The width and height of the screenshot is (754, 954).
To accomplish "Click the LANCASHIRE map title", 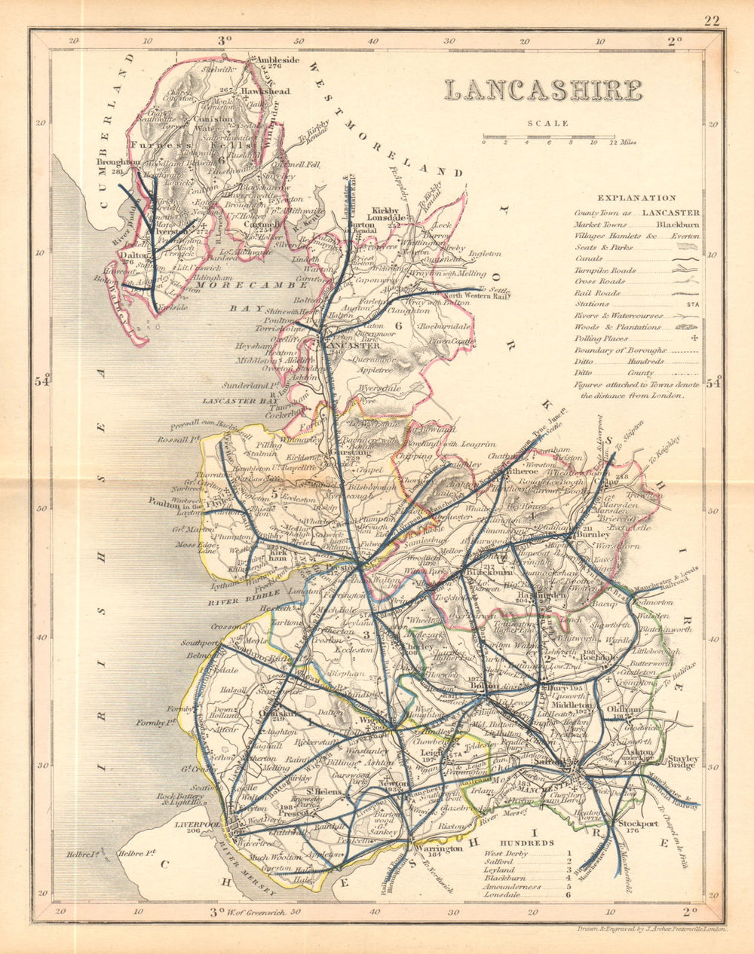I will pos(543,90).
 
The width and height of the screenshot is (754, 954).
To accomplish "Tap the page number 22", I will pos(712,20).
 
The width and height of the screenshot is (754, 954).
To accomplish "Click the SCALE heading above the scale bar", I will pos(548,124).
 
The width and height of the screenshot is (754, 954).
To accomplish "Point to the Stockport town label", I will pos(639,824).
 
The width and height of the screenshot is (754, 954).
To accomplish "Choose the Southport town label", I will pos(198,644).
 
